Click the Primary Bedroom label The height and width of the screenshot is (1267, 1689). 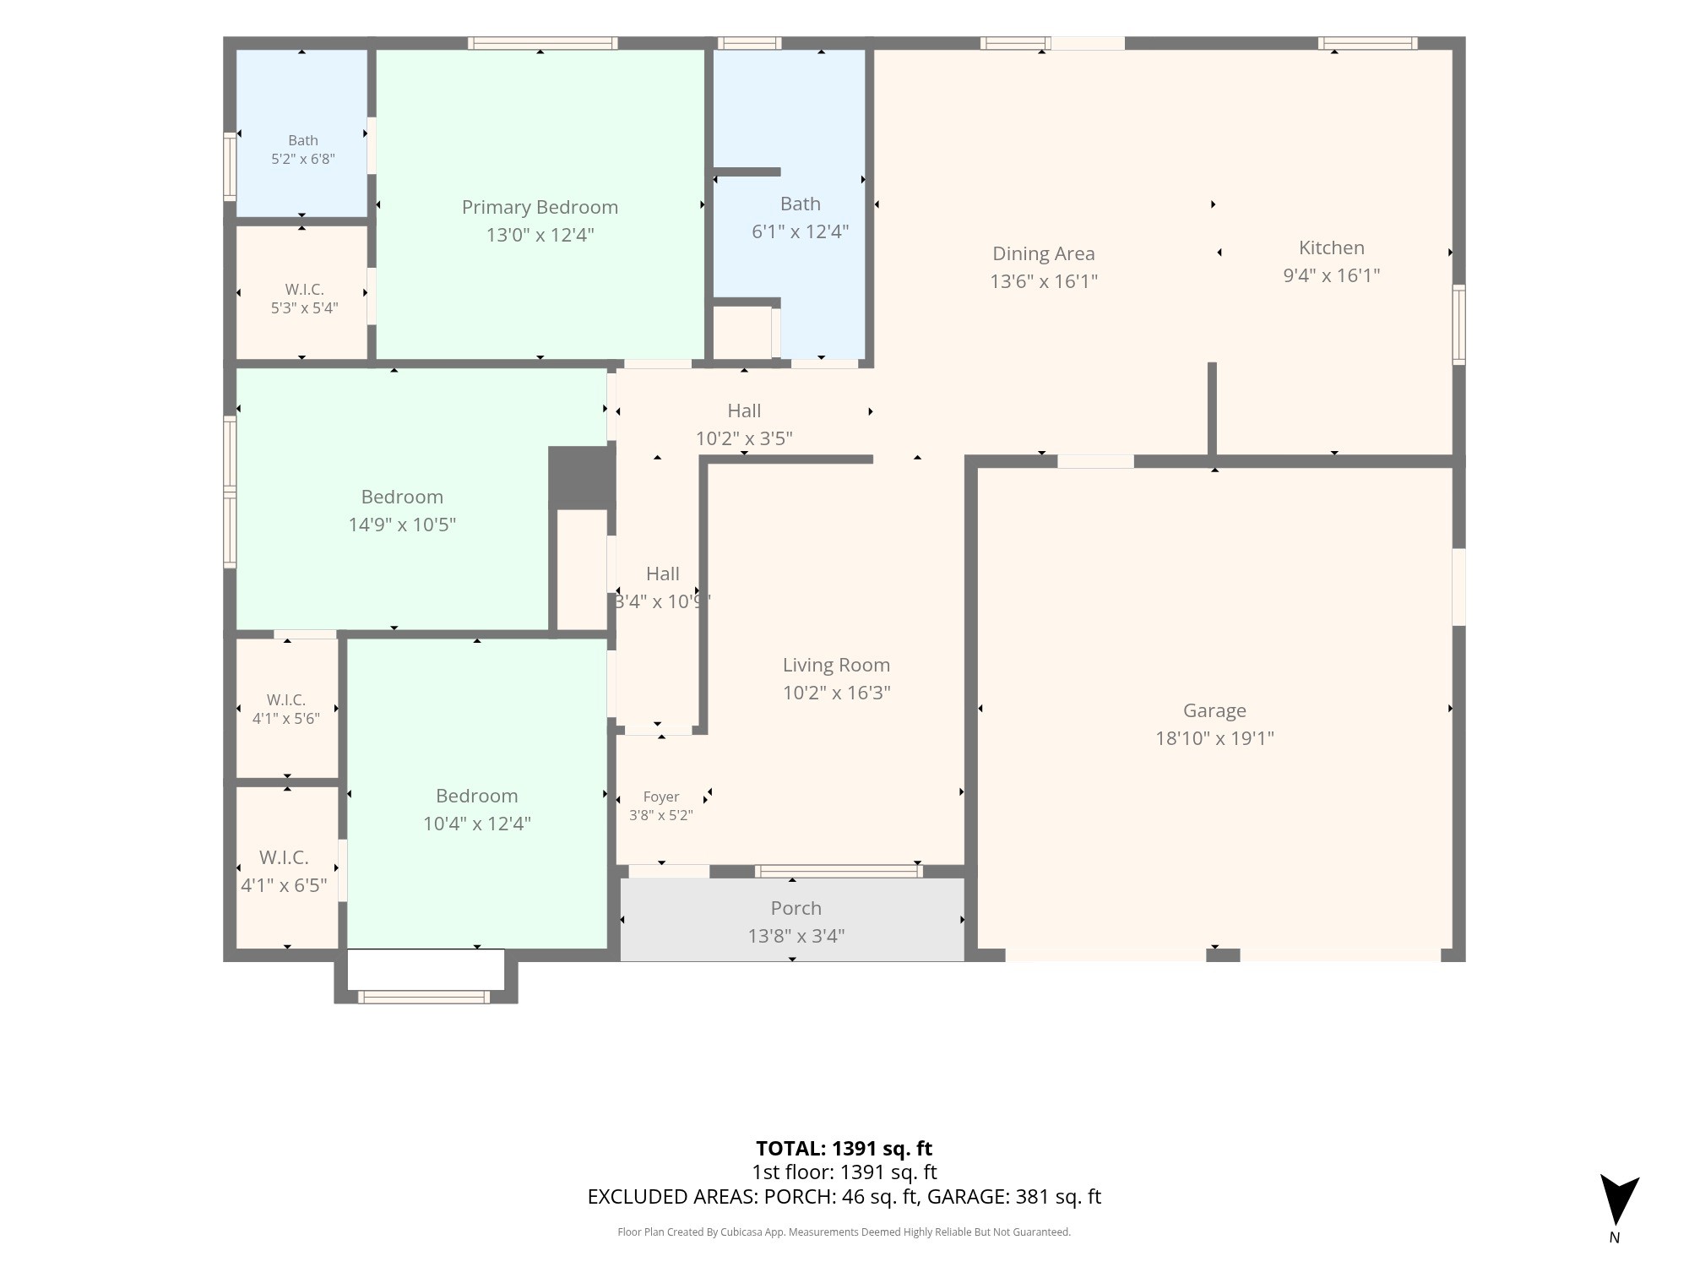click(x=540, y=207)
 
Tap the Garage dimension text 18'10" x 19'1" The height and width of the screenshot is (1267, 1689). click(x=1214, y=738)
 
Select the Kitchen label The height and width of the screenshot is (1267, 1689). click(x=1332, y=247)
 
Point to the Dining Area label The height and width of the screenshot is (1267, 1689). click(x=1044, y=253)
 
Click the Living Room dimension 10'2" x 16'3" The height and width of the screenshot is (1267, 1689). click(x=836, y=693)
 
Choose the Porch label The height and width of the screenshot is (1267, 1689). click(x=796, y=908)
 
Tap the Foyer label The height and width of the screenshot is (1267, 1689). click(x=661, y=797)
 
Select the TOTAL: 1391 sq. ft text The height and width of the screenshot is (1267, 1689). click(x=844, y=1149)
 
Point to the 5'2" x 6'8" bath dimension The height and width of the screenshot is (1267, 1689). click(x=303, y=159)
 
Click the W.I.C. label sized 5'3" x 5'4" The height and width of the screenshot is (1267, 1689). click(x=304, y=290)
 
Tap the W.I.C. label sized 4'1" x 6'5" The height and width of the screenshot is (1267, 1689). click(x=284, y=857)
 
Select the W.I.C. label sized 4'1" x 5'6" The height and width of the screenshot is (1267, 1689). click(x=286, y=700)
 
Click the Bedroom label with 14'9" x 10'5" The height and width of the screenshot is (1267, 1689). click(x=402, y=497)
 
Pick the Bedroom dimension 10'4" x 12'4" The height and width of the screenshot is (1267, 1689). click(x=477, y=824)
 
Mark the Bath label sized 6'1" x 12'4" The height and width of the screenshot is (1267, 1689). click(x=801, y=204)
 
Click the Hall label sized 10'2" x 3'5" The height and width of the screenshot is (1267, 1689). click(x=744, y=411)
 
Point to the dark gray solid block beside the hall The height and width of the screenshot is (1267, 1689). click(x=581, y=477)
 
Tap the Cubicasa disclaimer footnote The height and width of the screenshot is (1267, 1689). click(x=844, y=1232)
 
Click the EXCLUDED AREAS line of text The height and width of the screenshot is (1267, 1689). click(x=844, y=1197)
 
